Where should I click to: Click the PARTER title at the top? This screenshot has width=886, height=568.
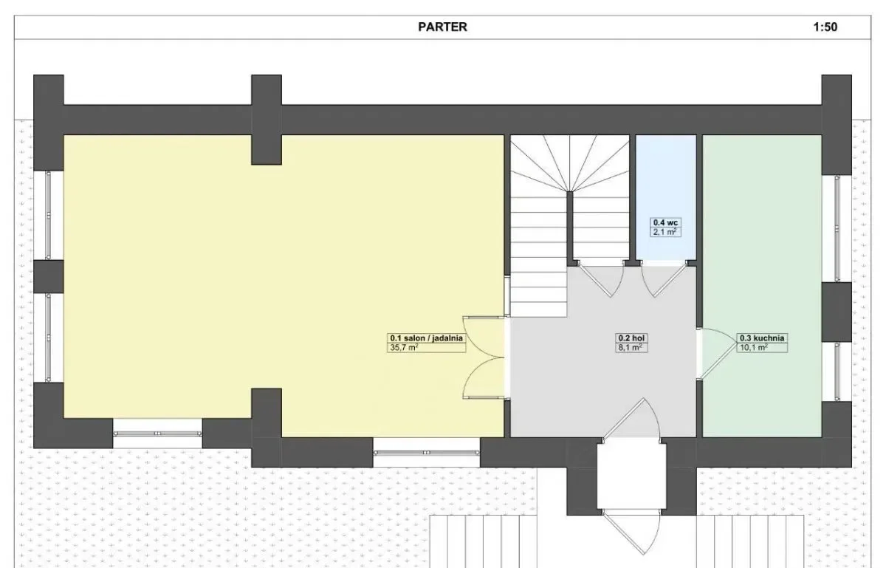(442, 27)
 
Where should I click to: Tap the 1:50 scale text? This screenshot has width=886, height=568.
(825, 27)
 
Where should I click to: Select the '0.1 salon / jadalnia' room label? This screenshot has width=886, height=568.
(427, 338)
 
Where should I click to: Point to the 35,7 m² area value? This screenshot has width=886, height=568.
(405, 348)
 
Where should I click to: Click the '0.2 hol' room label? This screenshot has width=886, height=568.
(632, 338)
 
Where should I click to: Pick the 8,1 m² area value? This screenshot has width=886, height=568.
(631, 348)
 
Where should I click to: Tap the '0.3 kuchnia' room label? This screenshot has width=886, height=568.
(762, 338)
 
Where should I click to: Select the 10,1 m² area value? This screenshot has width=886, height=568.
(754, 348)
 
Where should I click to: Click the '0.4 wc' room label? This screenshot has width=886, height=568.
(665, 222)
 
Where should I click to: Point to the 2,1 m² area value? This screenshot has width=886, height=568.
(664, 232)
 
